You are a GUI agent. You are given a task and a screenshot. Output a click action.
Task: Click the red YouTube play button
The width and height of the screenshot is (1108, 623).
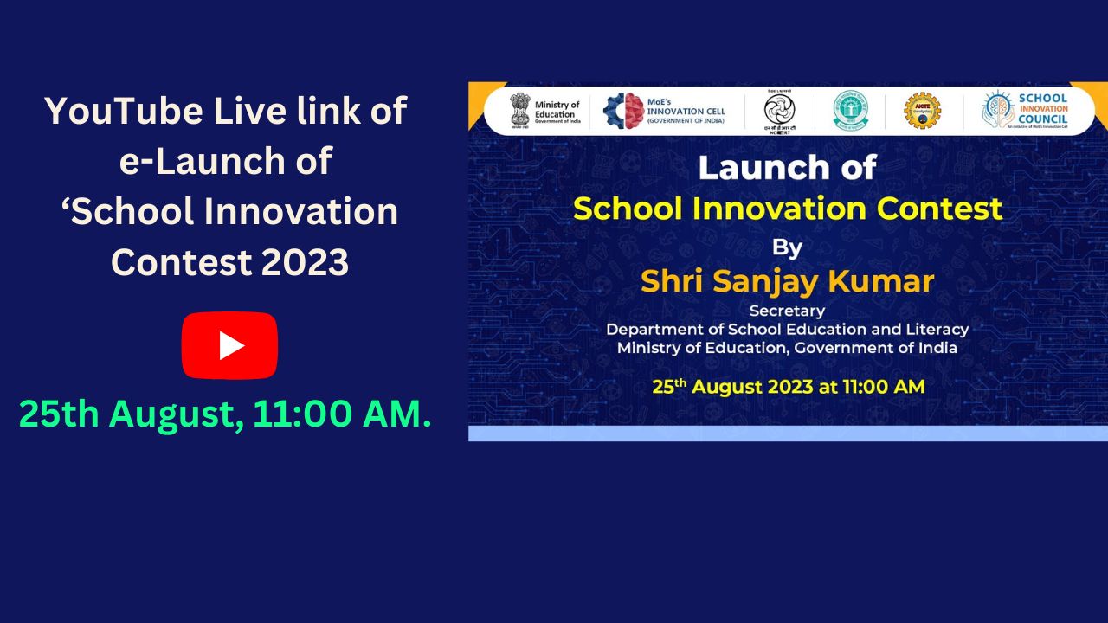[x=229, y=345]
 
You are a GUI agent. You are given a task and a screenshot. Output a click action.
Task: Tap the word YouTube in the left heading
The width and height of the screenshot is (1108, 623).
[x=119, y=112]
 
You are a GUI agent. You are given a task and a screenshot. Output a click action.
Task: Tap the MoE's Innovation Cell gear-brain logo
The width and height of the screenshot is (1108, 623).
[x=623, y=111]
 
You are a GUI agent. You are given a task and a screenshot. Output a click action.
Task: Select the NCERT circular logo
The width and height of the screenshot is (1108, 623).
[x=778, y=111]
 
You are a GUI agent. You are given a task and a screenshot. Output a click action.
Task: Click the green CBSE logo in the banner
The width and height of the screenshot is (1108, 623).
[x=850, y=111]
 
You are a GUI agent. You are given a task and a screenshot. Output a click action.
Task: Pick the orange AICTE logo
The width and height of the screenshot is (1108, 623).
[x=922, y=111]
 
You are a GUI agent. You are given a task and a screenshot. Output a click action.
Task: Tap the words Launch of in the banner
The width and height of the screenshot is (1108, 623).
[x=787, y=168]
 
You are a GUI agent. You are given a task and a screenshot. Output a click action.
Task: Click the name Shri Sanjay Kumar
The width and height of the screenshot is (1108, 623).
[x=787, y=281]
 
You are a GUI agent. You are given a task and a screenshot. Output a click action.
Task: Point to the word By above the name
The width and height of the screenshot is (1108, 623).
[x=787, y=248]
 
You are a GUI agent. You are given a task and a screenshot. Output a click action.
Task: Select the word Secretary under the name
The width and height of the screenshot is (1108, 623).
[x=787, y=311]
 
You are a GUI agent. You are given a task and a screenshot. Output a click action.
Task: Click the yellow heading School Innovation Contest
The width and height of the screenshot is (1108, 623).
[x=787, y=209]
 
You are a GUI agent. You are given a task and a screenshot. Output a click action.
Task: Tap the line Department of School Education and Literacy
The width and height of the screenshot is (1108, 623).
[x=787, y=330]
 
